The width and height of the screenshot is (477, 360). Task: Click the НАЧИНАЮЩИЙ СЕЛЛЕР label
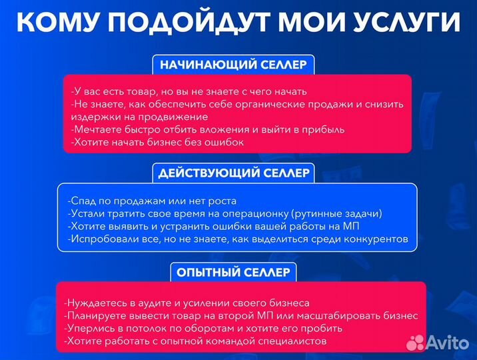point(233,65)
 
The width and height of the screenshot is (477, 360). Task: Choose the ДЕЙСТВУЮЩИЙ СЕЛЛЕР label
point(234,173)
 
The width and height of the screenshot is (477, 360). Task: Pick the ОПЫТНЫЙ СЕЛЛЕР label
point(233,272)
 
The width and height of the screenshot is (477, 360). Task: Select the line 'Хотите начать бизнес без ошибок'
point(157,142)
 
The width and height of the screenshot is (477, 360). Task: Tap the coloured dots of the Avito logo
point(416,342)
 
